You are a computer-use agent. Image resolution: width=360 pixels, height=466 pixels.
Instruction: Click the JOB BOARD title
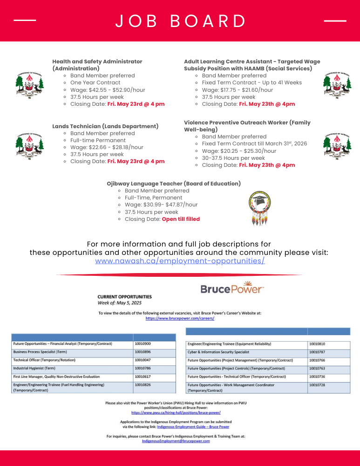click(180, 21)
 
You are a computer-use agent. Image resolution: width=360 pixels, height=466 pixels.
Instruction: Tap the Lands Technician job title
click(105, 126)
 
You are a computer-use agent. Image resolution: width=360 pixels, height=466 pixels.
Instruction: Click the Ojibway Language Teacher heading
click(174, 184)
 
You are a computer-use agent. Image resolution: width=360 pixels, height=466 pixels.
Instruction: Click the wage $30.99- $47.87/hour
click(161, 205)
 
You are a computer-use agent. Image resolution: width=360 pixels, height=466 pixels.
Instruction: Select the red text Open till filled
click(181, 219)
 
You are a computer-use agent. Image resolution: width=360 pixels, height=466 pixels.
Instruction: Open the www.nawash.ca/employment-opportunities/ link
click(180, 261)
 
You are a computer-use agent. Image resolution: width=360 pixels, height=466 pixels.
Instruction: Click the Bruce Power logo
click(232, 288)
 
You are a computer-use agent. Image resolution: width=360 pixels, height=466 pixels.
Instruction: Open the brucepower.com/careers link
click(180, 318)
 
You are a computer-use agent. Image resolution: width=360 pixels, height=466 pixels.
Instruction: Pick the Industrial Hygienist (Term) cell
click(34, 368)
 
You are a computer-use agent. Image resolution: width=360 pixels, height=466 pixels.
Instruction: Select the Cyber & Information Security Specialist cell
click(218, 352)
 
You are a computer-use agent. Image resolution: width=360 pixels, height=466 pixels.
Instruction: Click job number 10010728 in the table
click(318, 385)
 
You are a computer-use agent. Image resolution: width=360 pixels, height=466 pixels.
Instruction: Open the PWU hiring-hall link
click(176, 412)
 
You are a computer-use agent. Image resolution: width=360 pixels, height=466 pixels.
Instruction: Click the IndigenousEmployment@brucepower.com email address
click(176, 441)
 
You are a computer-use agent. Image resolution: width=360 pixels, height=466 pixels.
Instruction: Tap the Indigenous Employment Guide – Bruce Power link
click(193, 426)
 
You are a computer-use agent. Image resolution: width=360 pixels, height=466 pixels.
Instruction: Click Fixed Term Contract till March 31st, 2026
click(254, 144)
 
